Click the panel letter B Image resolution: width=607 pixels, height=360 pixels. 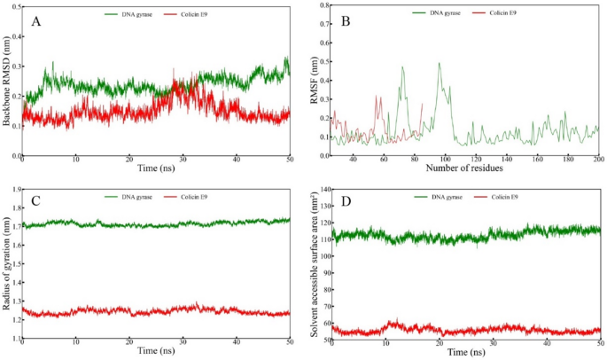[346, 19]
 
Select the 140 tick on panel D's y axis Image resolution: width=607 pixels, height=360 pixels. [321, 190]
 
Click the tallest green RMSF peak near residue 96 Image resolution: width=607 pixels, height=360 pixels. [439, 63]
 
